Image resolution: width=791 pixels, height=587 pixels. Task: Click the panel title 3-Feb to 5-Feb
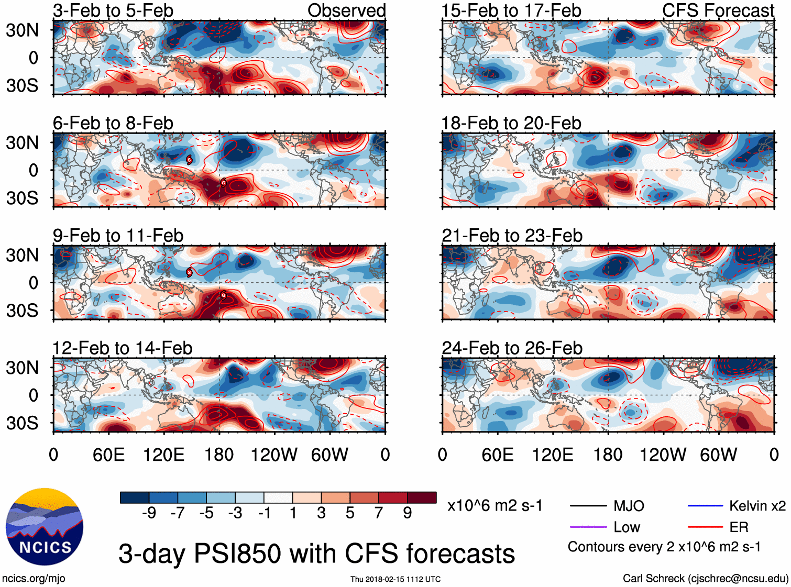(x=113, y=10)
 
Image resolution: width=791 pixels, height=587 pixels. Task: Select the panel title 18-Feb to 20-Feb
(x=511, y=123)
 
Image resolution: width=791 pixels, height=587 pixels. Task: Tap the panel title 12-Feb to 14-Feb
(x=123, y=348)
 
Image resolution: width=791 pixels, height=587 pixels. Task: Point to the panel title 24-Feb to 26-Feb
(x=512, y=348)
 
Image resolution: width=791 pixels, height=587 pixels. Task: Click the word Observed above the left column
(x=346, y=10)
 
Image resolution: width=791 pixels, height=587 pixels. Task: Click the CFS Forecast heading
(x=718, y=10)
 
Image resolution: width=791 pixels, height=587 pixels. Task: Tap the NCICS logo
(x=45, y=527)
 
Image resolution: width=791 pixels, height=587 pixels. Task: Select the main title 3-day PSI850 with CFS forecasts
(x=316, y=553)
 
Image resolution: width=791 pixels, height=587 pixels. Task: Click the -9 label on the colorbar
(x=149, y=513)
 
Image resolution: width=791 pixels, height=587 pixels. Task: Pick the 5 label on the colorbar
(x=350, y=513)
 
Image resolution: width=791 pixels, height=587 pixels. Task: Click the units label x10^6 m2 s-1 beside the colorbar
(x=495, y=506)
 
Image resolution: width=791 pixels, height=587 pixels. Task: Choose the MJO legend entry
(x=629, y=506)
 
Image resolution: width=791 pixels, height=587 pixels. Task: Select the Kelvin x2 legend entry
(x=757, y=506)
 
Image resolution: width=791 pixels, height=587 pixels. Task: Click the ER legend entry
(x=739, y=527)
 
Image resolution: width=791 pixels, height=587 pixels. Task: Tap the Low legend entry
(x=627, y=527)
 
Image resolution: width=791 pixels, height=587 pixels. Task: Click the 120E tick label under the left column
(x=163, y=455)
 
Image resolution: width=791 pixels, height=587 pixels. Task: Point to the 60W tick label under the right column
(x=718, y=455)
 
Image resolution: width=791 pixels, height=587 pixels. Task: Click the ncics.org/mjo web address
(x=34, y=579)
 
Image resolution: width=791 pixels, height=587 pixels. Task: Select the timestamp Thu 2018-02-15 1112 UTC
(x=395, y=579)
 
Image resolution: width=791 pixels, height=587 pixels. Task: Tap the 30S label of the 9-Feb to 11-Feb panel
(x=22, y=311)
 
